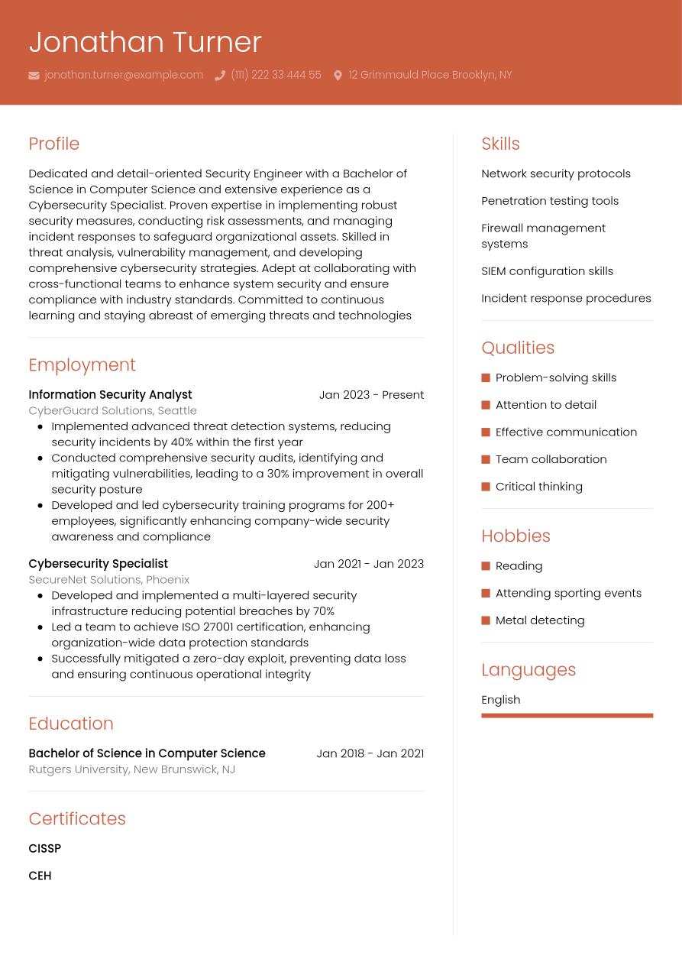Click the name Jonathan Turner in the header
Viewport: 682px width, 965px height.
[x=145, y=42]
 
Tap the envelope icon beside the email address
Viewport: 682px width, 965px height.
[x=34, y=76]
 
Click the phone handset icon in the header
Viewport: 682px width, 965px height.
[x=220, y=76]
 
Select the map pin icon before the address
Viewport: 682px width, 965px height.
[x=338, y=76]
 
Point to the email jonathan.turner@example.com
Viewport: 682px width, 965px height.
[x=124, y=75]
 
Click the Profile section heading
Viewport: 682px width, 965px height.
[x=53, y=144]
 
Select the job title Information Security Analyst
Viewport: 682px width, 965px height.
[x=110, y=394]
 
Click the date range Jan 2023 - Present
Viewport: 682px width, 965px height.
[x=371, y=394]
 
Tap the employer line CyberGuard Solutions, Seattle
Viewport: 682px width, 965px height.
[x=112, y=410]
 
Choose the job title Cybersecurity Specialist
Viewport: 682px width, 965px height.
[x=98, y=564]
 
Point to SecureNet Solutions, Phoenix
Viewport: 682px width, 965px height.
[x=108, y=579]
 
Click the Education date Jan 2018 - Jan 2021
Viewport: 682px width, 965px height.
[x=370, y=753]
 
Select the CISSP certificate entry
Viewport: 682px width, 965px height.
[x=44, y=848]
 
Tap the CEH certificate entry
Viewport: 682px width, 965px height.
[x=40, y=876]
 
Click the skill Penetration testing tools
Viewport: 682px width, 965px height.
[x=550, y=201]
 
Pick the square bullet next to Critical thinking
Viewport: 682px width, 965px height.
[x=486, y=487]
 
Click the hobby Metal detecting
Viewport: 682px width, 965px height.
[x=540, y=620]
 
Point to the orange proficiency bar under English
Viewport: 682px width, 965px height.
[x=567, y=716]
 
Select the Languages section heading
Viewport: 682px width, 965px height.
[x=528, y=670]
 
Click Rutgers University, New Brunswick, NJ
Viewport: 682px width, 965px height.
[x=131, y=769]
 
